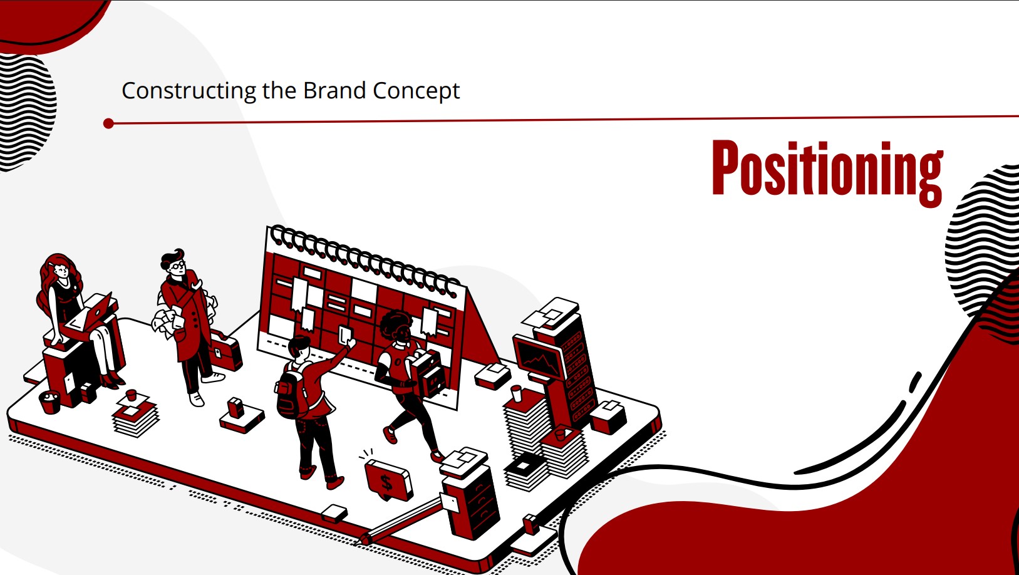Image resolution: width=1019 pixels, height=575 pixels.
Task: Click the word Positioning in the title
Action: pyautogui.click(x=827, y=173)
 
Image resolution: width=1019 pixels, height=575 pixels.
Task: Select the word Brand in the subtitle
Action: pyautogui.click(x=334, y=90)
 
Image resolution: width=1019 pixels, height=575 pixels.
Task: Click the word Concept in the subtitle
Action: pyautogui.click(x=416, y=91)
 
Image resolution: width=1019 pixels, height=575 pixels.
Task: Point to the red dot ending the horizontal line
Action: pyautogui.click(x=108, y=123)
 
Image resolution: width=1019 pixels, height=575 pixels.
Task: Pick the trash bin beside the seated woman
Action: pyautogui.click(x=50, y=402)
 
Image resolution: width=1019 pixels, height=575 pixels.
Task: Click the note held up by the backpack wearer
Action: pyautogui.click(x=345, y=334)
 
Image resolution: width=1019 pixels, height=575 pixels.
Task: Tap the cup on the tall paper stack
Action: pyautogui.click(x=516, y=393)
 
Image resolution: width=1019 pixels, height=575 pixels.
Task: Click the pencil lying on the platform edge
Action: pyautogui.click(x=400, y=520)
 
